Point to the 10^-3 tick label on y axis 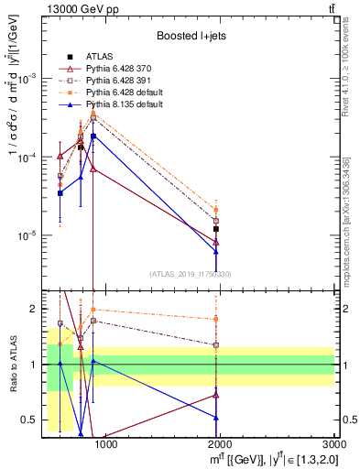[x=27, y=79]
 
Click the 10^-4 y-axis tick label [x=27, y=158]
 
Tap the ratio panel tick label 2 [x=32, y=309]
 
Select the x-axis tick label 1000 [x=106, y=444]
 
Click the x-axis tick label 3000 [x=334, y=444]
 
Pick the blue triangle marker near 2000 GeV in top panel [x=216, y=251]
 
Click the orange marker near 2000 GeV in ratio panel [x=216, y=319]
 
